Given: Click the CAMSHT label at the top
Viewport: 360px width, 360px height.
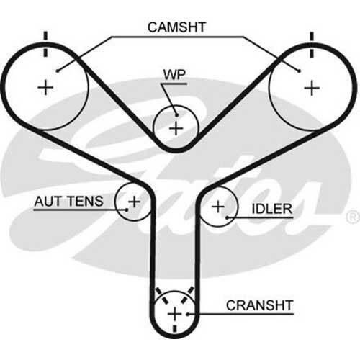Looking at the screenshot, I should (177, 27).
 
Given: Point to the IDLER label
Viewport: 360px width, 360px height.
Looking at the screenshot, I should (271, 209).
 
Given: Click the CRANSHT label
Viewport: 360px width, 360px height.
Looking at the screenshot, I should (260, 305).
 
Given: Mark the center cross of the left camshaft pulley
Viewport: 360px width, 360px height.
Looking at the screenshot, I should (46, 88).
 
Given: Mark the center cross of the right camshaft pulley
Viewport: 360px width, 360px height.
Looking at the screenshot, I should (311, 88).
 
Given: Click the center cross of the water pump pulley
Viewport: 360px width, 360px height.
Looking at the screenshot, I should (176, 129).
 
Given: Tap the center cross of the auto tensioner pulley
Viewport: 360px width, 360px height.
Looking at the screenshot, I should (133, 201).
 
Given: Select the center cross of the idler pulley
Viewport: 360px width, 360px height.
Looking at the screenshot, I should (218, 207).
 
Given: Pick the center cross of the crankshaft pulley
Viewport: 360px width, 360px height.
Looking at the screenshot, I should (174, 315).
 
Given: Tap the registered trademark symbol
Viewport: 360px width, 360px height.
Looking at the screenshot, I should (351, 216).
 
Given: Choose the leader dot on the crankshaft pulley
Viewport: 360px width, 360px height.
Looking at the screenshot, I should (189, 314).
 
